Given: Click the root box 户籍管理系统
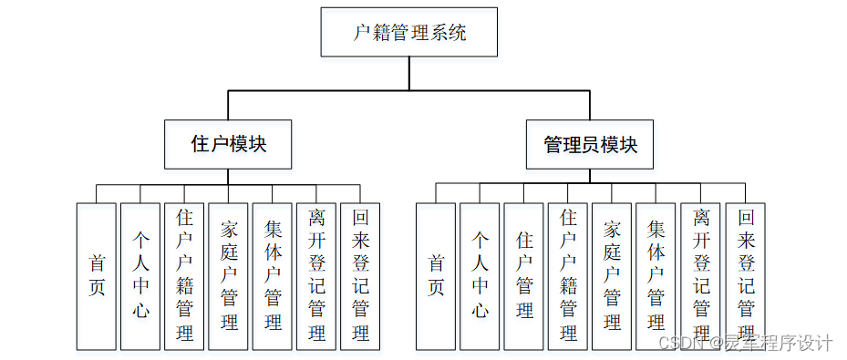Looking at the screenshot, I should pyautogui.click(x=408, y=33).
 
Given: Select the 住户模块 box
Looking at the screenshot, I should pyautogui.click(x=228, y=144).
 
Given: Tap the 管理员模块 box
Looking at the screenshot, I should pyautogui.click(x=590, y=144).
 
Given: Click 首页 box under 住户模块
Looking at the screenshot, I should pyautogui.click(x=97, y=276).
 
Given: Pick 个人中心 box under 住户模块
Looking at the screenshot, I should pyautogui.click(x=140, y=276).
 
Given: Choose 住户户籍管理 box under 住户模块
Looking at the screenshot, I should pyautogui.click(x=184, y=276).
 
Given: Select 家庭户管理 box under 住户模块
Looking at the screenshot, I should pyautogui.click(x=228, y=276).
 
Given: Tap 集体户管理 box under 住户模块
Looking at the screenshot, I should pyautogui.click(x=272, y=276).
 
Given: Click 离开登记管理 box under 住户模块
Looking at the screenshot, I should pyautogui.click(x=315, y=276).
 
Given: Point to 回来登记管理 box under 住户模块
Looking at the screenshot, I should pyautogui.click(x=359, y=276).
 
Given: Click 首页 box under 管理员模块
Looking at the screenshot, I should pyautogui.click(x=436, y=276).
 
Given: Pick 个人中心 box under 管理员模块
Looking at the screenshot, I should pyautogui.click(x=480, y=276).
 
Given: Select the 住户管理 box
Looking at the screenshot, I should pyautogui.click(x=523, y=276).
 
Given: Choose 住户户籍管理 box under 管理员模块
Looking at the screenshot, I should pyautogui.click(x=567, y=276).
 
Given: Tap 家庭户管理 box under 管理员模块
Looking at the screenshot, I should pyautogui.click(x=611, y=276).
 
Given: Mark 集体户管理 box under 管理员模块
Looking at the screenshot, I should pyautogui.click(x=655, y=276).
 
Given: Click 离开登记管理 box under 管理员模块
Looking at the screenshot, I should pyautogui.click(x=700, y=276).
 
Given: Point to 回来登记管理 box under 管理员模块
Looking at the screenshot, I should pyautogui.click(x=745, y=276).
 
